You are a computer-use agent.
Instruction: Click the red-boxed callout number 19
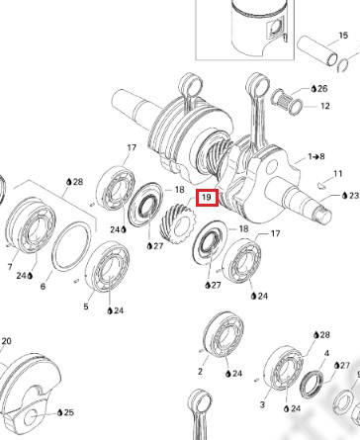tap(207, 198)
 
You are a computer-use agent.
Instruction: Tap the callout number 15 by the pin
tap(343, 36)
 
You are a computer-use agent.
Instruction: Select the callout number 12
tap(325, 106)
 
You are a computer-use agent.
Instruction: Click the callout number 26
tap(322, 88)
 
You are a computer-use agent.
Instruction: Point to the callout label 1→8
tap(316, 156)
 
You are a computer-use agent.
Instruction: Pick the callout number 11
tap(338, 173)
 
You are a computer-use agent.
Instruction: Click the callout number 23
tap(354, 196)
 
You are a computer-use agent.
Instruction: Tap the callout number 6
tap(43, 286)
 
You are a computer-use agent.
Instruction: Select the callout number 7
tap(10, 267)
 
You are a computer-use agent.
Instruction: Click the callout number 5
tap(86, 307)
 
